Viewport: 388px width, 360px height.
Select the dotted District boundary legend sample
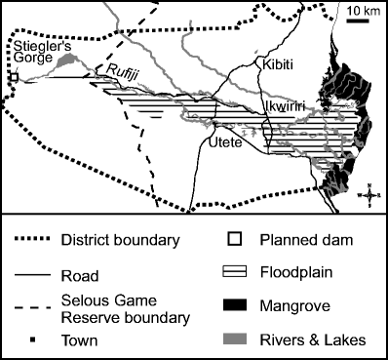click(38, 240)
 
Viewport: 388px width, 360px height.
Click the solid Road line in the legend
click(38, 275)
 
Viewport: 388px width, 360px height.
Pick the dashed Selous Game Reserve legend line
click(38, 309)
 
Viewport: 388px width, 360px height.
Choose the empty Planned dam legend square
click(235, 240)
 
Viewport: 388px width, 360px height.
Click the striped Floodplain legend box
click(235, 275)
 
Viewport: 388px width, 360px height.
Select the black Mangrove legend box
click(235, 309)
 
